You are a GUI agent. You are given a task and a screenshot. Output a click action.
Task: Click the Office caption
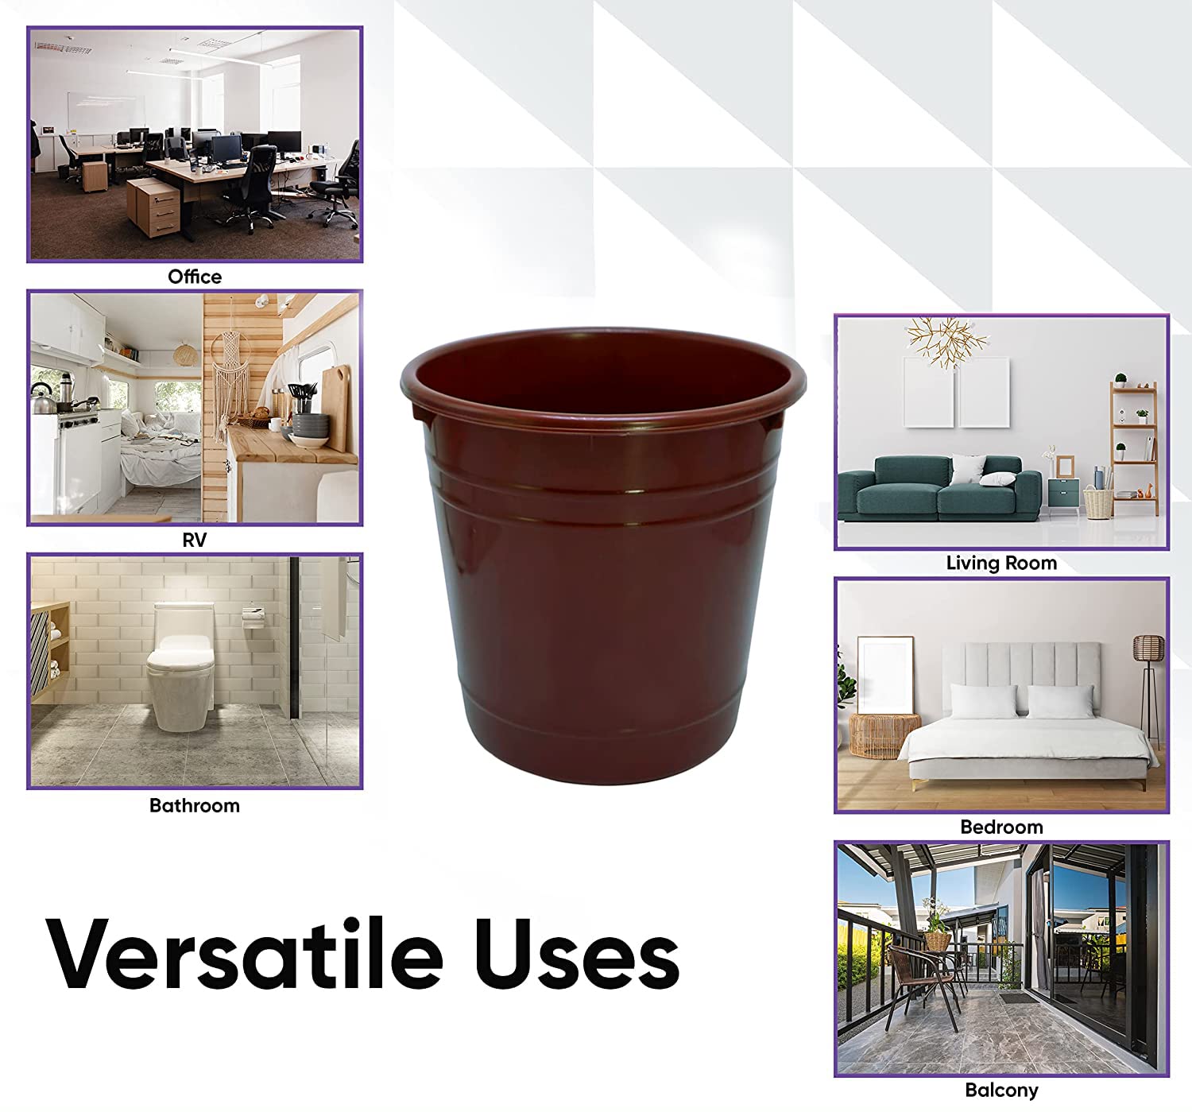(x=195, y=277)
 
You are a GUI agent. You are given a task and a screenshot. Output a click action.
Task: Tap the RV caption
(x=195, y=540)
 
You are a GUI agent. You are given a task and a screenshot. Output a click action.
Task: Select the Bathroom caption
(x=195, y=805)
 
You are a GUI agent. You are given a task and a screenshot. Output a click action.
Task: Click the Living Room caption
(x=1001, y=564)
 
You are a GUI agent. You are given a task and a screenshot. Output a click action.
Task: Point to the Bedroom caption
(x=1001, y=827)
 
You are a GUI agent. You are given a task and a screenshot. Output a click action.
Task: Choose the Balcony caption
(x=1001, y=1090)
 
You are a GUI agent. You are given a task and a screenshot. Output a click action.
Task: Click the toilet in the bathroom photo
(x=180, y=666)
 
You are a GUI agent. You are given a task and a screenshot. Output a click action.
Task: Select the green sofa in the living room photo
(x=940, y=489)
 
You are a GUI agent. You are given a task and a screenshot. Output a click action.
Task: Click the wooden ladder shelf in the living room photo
(x=1133, y=448)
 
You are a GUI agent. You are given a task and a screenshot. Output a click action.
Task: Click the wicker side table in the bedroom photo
(x=884, y=735)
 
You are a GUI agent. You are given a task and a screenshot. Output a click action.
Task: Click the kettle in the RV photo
(x=41, y=401)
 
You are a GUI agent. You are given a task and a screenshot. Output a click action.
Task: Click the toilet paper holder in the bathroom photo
(x=253, y=618)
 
